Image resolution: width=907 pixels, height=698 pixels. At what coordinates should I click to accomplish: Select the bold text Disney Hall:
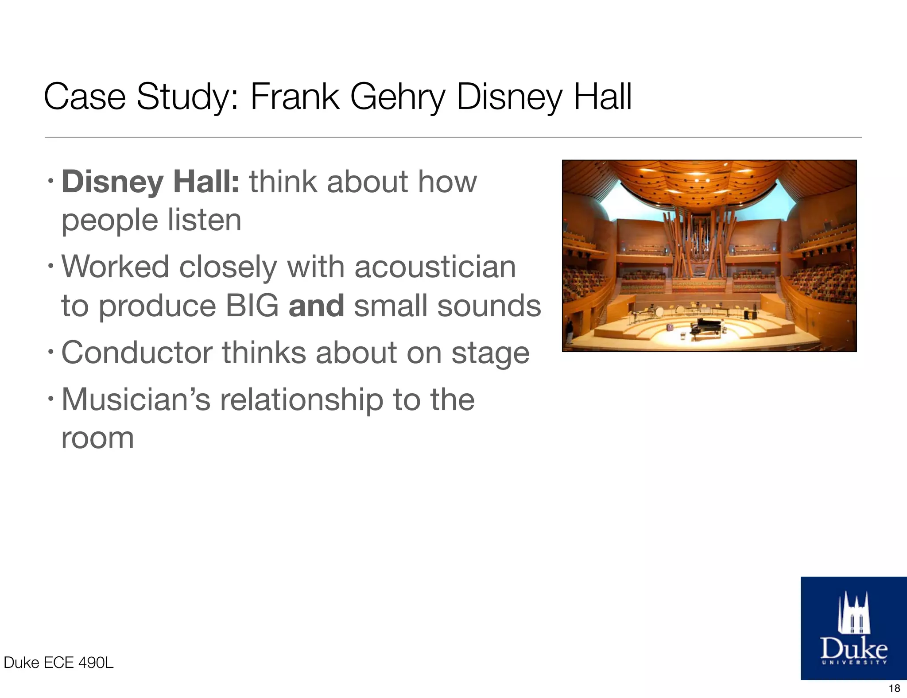pos(151,182)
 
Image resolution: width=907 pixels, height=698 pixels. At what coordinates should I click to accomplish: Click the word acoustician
pos(435,267)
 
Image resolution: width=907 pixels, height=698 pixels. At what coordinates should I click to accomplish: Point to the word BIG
pos(252,306)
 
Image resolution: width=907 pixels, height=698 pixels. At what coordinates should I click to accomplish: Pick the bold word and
pos(316,306)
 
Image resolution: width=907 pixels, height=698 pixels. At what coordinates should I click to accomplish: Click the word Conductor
pos(137,353)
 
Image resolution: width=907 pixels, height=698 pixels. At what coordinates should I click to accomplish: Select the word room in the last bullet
pos(97,438)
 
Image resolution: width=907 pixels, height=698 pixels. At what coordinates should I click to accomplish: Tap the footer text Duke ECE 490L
pos(58,663)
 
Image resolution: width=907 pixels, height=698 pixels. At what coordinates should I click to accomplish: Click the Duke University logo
pos(853,628)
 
